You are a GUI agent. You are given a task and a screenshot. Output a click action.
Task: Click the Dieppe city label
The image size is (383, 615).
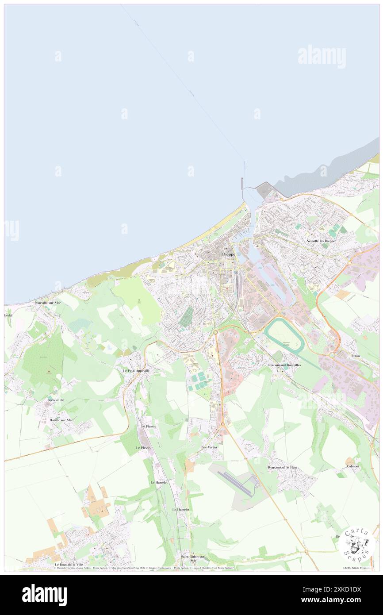pos(228,255)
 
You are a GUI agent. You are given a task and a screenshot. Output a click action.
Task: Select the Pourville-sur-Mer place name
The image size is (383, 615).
pos(47,303)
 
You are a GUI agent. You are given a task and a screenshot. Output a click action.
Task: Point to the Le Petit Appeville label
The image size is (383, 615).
pos(136,370)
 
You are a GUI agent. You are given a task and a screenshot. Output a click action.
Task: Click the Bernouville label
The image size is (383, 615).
pos(56,400)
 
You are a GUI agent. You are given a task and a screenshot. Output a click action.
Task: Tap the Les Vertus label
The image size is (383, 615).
pos(210,447)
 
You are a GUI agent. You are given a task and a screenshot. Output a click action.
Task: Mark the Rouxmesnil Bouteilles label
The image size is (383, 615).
pos(284,365)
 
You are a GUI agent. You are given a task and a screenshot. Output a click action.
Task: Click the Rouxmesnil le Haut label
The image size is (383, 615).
pos(282,467)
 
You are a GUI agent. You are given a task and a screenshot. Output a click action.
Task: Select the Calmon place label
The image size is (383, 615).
pos(353,466)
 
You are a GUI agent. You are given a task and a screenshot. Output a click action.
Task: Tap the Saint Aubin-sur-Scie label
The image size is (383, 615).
pos(193,558)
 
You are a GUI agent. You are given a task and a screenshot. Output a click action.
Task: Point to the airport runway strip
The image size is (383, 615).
pos(234,483)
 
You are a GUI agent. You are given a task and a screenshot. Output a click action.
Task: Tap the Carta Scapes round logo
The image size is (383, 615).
pos(356,544)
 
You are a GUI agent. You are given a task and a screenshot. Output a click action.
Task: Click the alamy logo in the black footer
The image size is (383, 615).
pos(45,595)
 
